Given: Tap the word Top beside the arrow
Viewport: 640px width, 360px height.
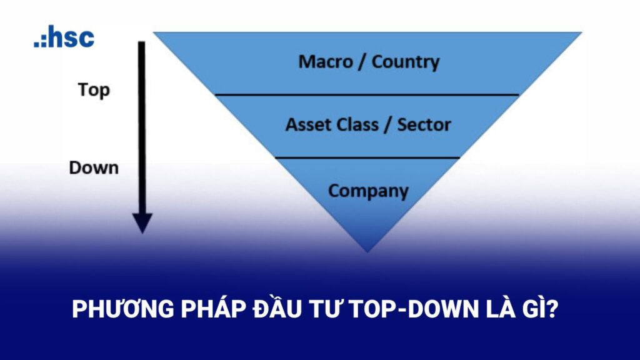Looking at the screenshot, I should [x=94, y=90].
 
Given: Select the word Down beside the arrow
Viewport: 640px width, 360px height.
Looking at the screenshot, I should [x=94, y=167].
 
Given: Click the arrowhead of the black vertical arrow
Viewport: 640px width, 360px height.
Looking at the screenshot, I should [x=142, y=222].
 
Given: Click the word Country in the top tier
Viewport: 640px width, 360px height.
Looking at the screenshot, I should [x=406, y=62].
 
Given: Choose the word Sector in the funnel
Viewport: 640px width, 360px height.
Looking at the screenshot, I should [x=424, y=124].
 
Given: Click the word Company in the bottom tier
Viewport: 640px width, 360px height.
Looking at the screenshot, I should [x=368, y=191].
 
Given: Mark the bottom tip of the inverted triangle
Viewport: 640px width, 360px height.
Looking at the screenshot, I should [x=367, y=250].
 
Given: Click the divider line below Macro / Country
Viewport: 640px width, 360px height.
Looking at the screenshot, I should [x=367, y=95].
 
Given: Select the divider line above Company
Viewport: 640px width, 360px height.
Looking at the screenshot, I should [x=367, y=158].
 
